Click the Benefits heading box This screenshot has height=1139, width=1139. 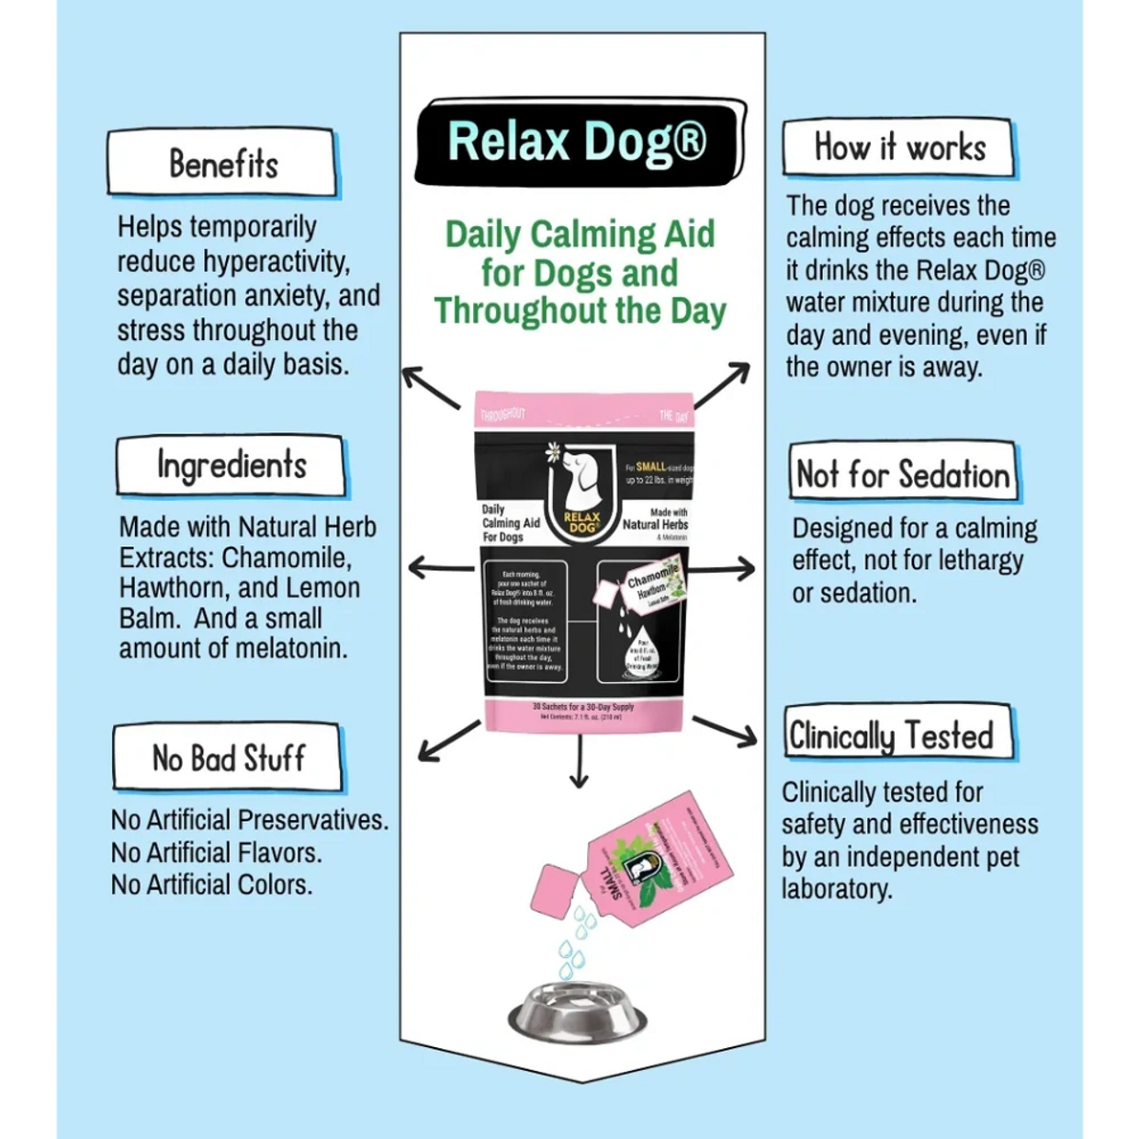tap(222, 164)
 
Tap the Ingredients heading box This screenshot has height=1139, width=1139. tap(231, 465)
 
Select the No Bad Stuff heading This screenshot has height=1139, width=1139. tap(228, 758)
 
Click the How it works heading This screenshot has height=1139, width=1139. tap(898, 147)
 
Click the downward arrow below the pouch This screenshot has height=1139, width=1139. tap(578, 762)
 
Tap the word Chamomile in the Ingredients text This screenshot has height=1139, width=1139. tap(286, 558)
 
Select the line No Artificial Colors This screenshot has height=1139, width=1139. tap(211, 884)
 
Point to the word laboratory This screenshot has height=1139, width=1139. tap(836, 889)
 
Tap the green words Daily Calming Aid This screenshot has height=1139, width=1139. tap(580, 234)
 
